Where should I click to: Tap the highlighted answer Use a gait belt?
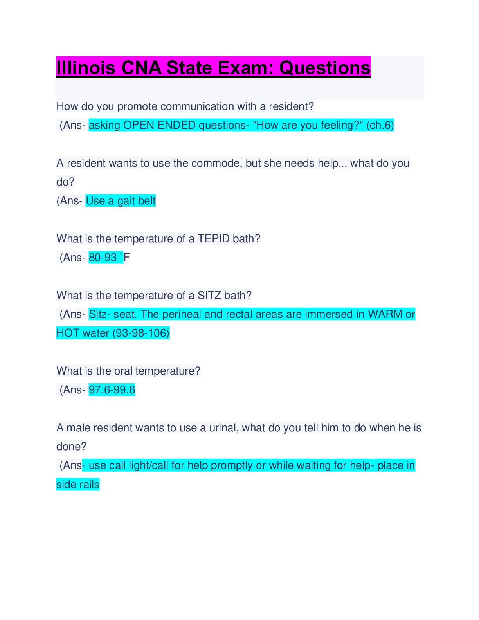click(x=121, y=200)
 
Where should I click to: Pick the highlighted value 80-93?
click(x=103, y=258)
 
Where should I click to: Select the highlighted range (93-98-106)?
click(x=141, y=333)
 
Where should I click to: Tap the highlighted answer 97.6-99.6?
click(x=112, y=390)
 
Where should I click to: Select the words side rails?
click(x=78, y=485)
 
